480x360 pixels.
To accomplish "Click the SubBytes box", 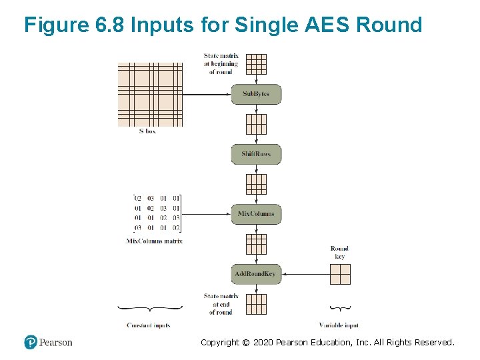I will [x=256, y=94].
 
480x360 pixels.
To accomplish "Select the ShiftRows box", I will [x=256, y=154].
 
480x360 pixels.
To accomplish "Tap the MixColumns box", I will [x=256, y=214].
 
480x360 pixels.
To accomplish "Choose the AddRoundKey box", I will [x=256, y=274].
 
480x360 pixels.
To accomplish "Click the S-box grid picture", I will [x=150, y=95].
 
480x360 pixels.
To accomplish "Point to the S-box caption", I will [x=147, y=131].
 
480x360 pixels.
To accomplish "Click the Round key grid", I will [x=340, y=274].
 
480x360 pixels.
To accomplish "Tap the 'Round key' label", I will [x=339, y=252].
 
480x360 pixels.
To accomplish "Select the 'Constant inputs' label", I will [x=148, y=325].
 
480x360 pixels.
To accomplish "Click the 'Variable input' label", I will [x=339, y=325].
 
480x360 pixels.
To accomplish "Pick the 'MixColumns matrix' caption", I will [x=154, y=241].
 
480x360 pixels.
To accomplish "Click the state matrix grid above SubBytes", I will [x=256, y=64].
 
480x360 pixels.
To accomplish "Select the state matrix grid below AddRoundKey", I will [x=256, y=304].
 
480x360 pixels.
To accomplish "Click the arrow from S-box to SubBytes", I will [x=207, y=95].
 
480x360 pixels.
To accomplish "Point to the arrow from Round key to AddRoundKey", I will [x=305, y=274].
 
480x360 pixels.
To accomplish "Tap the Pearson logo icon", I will [x=31, y=342].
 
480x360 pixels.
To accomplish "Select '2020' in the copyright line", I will [x=267, y=343].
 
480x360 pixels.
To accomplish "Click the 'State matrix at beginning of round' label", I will [x=221, y=63].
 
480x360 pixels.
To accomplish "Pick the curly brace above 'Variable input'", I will [x=340, y=308].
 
